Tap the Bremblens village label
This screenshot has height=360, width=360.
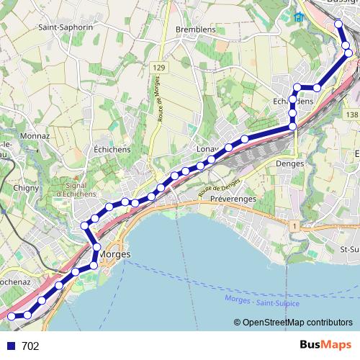[196, 30]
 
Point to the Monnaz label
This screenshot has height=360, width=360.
[36, 135]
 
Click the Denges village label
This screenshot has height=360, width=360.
[290, 163]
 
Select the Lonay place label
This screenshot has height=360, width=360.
[207, 149]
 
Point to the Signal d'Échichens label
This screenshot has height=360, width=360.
[71, 189]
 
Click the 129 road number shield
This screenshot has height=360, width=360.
[159, 67]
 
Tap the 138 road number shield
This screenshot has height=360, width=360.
[351, 114]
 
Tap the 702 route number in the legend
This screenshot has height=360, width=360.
[30, 346]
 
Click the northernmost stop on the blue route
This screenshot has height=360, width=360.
[338, 25]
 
